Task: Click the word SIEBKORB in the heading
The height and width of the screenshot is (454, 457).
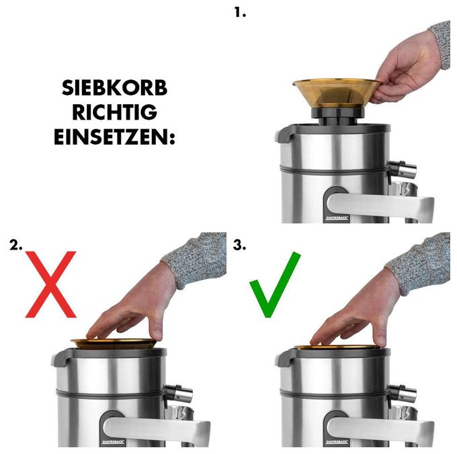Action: pos(114,88)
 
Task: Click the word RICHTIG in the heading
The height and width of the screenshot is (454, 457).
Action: pos(114,112)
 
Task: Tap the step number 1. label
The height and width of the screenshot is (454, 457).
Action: pos(240,13)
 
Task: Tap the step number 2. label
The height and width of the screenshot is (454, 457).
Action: pos(15,245)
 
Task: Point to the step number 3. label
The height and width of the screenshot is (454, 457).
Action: pos(239,245)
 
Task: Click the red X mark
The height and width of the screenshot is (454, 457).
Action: pos(50,285)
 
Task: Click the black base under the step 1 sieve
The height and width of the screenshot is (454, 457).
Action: pos(337,116)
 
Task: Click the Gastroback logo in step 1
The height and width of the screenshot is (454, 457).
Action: pos(337,218)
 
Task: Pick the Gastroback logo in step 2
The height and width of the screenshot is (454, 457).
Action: pos(113,442)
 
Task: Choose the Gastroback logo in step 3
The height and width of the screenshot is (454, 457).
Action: pos(337,442)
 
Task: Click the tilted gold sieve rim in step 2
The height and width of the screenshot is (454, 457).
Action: pos(114,344)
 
